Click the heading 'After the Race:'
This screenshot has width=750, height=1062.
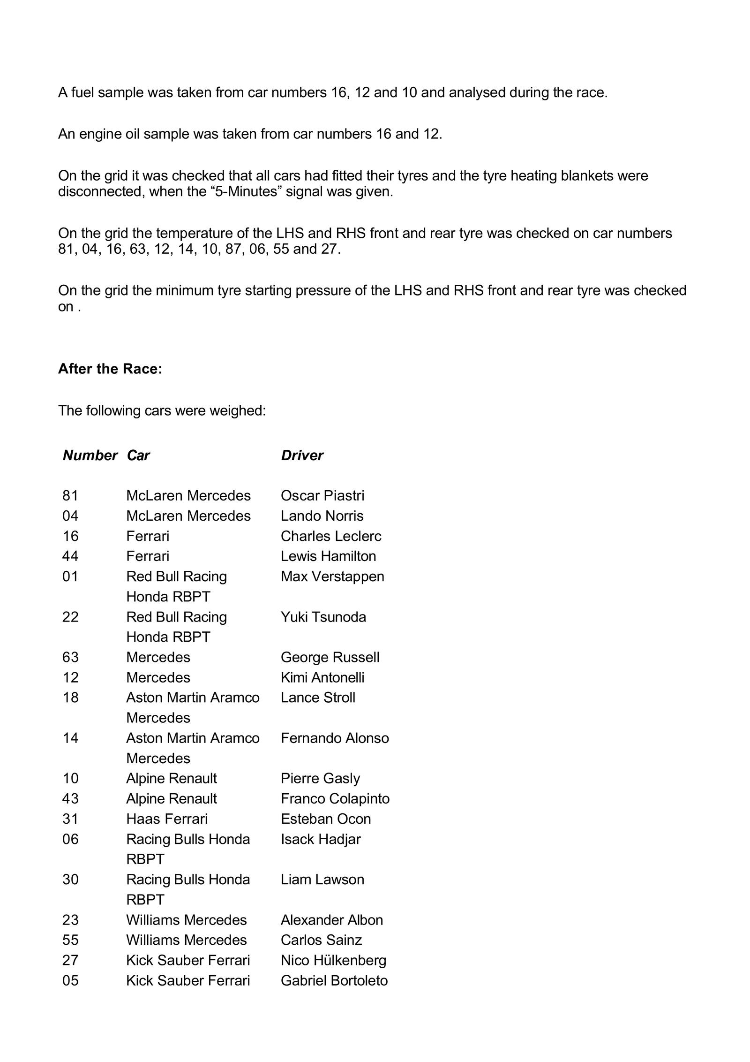(110, 369)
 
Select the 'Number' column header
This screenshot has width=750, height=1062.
(90, 455)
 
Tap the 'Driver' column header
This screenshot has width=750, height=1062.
(302, 455)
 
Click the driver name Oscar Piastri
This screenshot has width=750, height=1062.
(322, 495)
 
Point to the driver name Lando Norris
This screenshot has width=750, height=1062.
(322, 516)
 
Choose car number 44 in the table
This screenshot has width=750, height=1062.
(70, 556)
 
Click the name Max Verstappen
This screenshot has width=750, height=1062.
(332, 576)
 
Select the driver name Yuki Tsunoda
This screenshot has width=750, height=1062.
(323, 616)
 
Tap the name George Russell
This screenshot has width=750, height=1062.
(330, 657)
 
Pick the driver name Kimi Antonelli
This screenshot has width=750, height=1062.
(322, 677)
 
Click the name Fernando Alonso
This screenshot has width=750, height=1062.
(335, 738)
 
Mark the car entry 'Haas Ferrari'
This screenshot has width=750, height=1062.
(166, 819)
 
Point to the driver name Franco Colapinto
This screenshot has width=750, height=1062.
(335, 798)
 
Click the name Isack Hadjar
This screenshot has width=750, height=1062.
(321, 839)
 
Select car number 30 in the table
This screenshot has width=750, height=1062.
(70, 879)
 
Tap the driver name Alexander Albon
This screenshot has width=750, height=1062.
(332, 920)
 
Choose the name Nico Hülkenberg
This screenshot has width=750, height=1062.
(333, 960)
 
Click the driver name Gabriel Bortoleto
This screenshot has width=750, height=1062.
(334, 980)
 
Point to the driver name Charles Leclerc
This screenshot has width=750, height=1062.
(331, 536)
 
